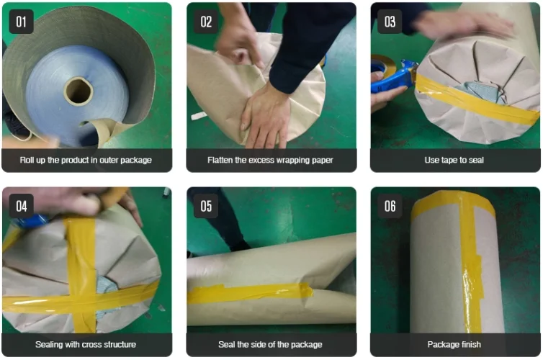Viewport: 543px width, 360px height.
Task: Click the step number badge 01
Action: point(21,22)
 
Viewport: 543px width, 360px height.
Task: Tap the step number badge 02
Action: point(206,22)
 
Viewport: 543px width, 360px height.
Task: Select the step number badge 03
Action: point(390,22)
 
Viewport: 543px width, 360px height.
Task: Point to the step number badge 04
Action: point(21,206)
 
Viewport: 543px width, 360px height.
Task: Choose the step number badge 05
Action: point(206,206)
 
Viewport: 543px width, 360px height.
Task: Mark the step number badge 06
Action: point(390,206)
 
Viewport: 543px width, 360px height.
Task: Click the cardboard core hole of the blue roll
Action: point(79,91)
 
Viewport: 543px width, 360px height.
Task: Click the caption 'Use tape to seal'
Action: point(454,160)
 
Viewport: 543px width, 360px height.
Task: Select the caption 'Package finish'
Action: point(454,344)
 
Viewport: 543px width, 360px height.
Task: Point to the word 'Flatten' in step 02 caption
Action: point(220,160)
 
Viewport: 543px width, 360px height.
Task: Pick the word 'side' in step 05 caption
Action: point(259,344)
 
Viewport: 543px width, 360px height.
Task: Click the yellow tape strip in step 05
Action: point(250,293)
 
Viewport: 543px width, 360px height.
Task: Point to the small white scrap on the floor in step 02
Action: point(199,116)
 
